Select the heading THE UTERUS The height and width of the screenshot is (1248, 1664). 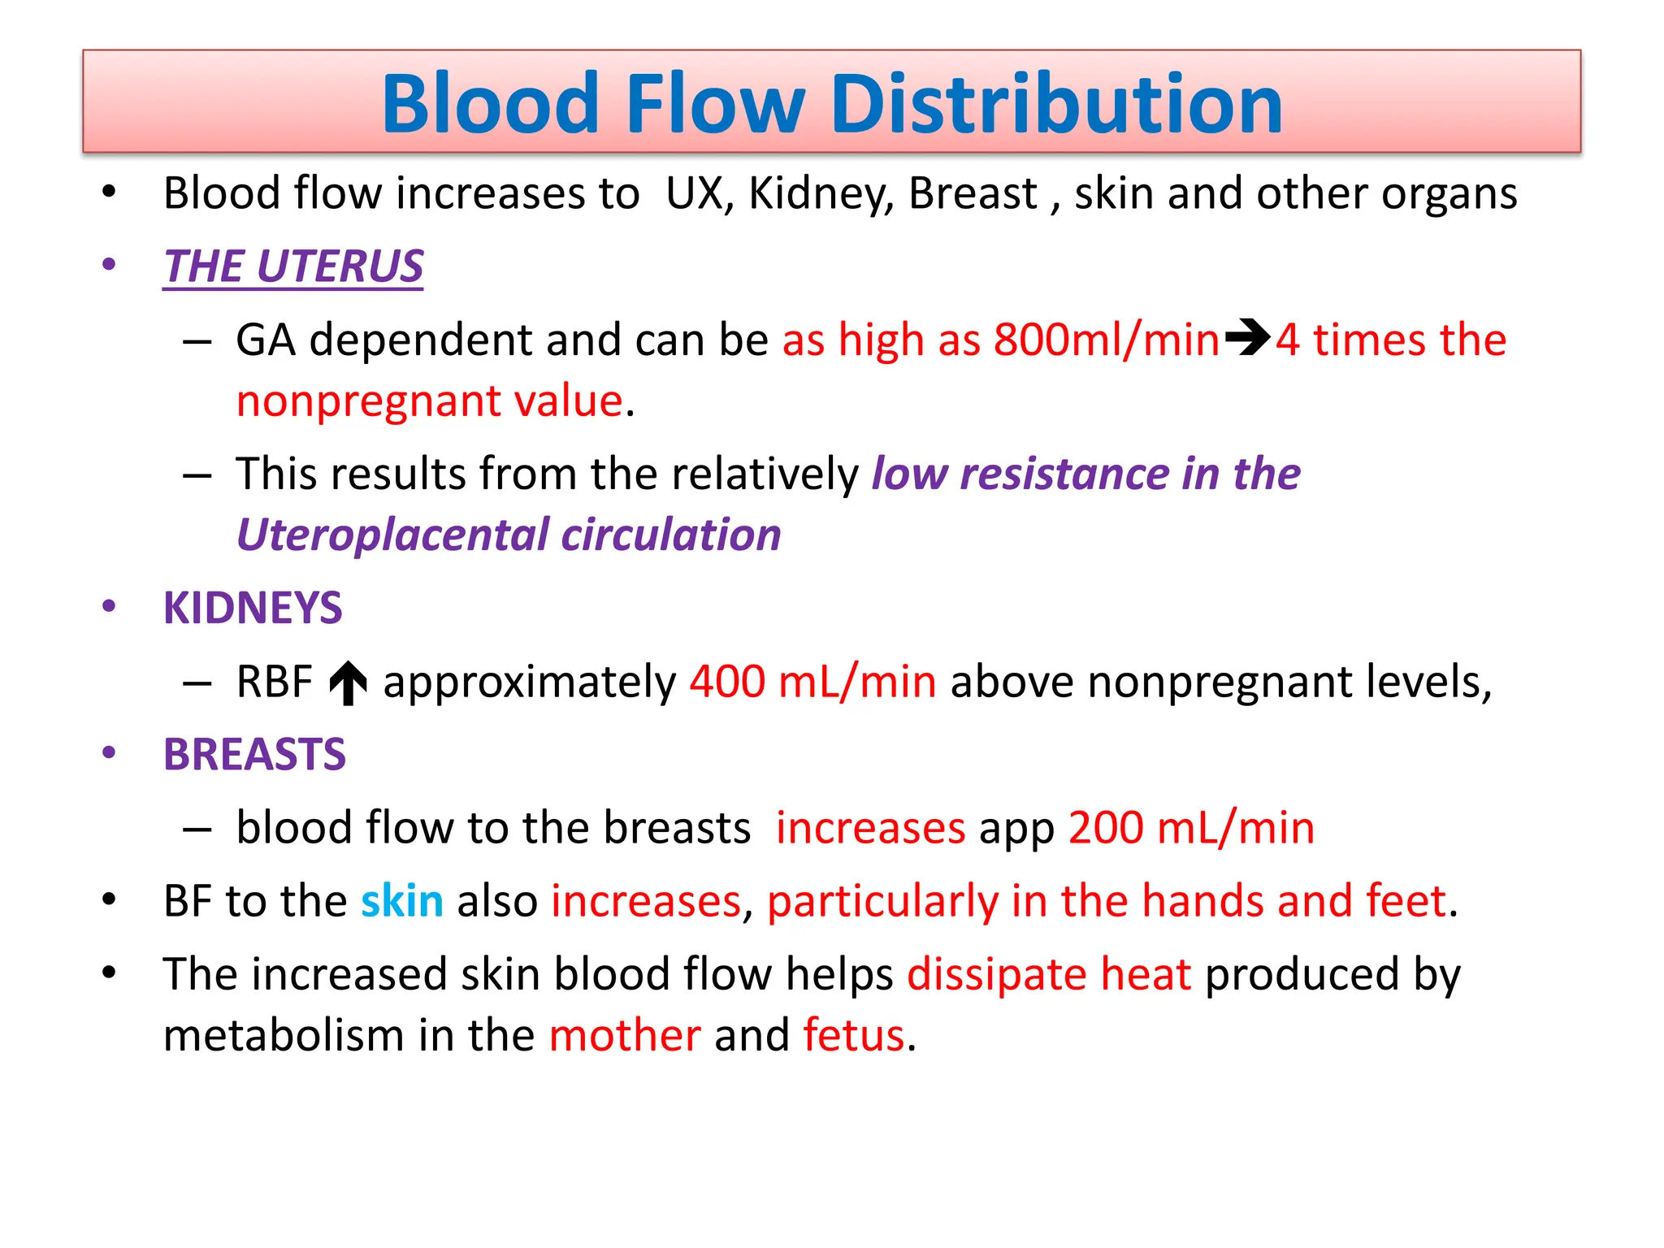click(293, 266)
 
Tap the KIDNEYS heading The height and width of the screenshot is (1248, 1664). click(253, 608)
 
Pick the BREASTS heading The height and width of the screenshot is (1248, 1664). click(254, 754)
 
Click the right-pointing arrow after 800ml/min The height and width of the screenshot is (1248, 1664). click(1248, 339)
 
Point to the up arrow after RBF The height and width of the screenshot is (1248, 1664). click(349, 682)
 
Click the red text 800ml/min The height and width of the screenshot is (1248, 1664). click(1107, 340)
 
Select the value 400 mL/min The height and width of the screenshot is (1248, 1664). click(812, 681)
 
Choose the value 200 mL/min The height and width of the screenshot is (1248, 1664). click(1191, 828)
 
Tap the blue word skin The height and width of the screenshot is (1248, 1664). click(402, 901)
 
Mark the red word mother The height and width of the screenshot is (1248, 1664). click(625, 1035)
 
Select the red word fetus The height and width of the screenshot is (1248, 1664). click(854, 1035)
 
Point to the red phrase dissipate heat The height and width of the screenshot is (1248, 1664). click(1049, 974)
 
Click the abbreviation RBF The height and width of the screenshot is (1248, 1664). click(274, 681)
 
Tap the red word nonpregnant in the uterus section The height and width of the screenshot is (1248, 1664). click(366, 401)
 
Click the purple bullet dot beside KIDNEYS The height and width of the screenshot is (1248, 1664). click(109, 607)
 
